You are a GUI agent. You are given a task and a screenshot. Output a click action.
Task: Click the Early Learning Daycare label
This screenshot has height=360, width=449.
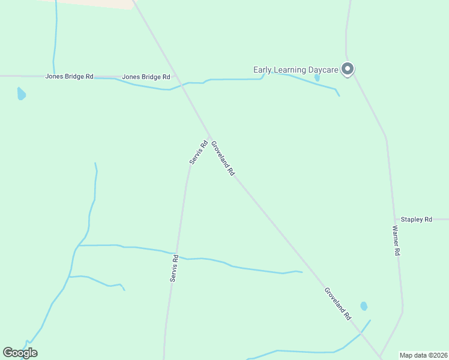click(296, 70)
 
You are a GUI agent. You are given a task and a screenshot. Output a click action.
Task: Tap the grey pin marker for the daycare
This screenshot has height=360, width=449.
click(348, 69)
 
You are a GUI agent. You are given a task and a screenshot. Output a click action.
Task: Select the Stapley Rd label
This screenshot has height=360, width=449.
click(417, 220)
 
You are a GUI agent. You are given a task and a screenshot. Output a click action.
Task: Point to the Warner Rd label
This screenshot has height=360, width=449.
click(396, 241)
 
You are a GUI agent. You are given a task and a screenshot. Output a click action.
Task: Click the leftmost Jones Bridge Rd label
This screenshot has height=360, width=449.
click(70, 77)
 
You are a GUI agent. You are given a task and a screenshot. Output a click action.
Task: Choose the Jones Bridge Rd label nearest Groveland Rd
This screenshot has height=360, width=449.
click(146, 77)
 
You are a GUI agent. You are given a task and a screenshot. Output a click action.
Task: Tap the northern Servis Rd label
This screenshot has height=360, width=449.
click(198, 153)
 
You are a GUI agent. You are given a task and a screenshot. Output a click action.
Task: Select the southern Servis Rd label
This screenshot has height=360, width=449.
click(173, 268)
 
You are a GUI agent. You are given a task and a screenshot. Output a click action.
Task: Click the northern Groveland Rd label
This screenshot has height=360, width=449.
click(223, 158)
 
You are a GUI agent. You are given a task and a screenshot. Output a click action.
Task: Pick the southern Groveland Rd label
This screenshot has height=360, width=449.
click(337, 303)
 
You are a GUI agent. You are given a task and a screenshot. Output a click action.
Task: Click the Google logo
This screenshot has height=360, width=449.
click(20, 353)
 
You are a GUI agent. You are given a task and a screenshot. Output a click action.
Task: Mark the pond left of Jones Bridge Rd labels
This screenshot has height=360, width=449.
click(21, 94)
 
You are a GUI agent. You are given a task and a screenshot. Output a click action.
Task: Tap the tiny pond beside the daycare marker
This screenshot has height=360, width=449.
click(317, 78)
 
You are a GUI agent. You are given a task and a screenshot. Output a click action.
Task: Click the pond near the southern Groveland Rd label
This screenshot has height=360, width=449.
click(364, 306)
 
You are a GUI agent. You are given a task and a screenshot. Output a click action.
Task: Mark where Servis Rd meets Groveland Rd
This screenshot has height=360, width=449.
click(209, 137)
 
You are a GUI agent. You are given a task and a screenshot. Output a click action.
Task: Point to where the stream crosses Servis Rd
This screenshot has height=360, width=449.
click(178, 254)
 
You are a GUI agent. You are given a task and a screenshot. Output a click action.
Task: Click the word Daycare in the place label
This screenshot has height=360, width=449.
click(323, 70)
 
